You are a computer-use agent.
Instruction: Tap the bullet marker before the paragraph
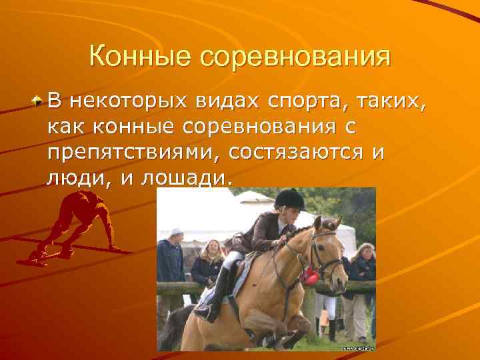(38, 101)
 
